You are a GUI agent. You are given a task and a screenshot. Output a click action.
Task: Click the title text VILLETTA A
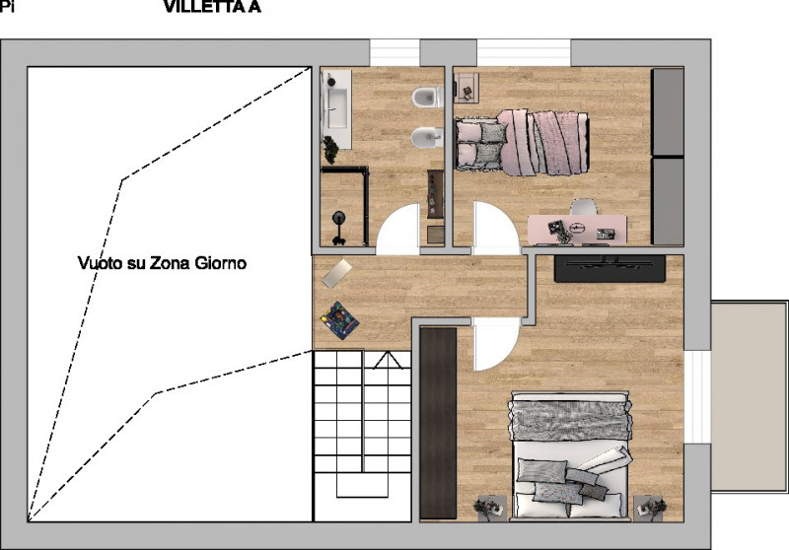(212, 9)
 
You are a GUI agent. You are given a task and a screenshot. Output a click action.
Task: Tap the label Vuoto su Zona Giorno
(162, 263)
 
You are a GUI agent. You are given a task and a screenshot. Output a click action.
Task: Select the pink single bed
(523, 142)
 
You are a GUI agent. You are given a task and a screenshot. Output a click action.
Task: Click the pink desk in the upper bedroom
(578, 229)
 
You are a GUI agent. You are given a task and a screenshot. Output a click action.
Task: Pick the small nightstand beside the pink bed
(465, 87)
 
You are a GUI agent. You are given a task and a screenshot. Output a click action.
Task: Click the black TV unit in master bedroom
(618, 268)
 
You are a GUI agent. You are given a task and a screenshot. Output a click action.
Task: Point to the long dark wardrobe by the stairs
(438, 422)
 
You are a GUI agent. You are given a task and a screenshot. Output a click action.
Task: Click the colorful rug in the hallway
(339, 320)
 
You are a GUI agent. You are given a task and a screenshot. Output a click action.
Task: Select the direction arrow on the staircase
(360, 434)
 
